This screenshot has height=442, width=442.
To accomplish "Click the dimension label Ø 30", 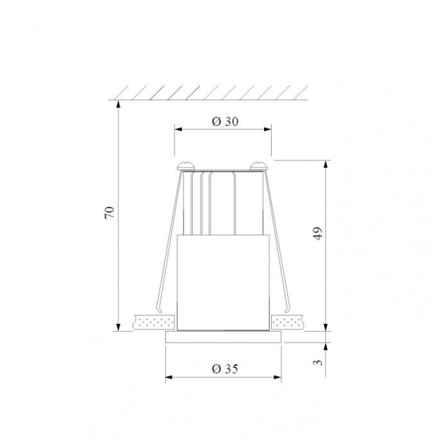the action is [225, 122].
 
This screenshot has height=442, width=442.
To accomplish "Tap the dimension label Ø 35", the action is [225, 369].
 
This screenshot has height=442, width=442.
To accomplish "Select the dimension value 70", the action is [109, 213].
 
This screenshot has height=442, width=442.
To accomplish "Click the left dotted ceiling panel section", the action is [154, 322].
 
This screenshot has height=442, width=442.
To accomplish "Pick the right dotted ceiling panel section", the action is [288, 322].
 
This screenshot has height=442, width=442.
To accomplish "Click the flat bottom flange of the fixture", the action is [223, 337].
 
